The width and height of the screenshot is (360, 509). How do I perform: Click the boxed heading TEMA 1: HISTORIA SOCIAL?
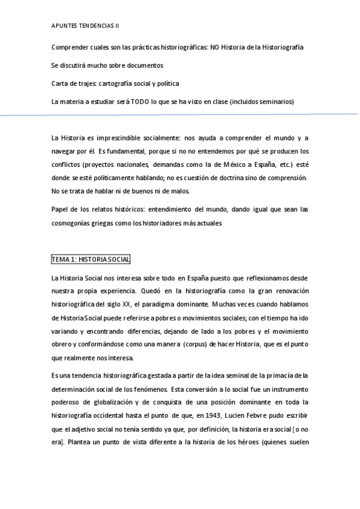click(x=91, y=259)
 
